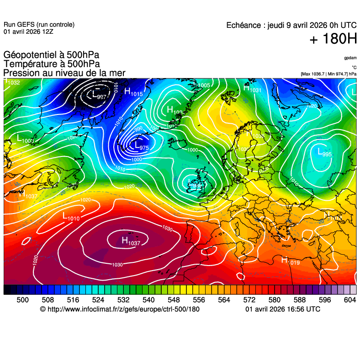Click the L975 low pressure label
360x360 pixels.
tap(139, 146)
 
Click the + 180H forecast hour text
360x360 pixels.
tap(333, 39)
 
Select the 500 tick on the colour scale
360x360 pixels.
tap(22, 300)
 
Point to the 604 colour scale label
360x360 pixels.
tap(349, 300)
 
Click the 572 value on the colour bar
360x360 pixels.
tap(249, 300)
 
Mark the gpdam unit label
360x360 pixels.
tap(350, 58)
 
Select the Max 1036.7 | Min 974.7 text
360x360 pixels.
tap(328, 73)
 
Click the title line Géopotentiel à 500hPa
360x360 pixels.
tap(51, 55)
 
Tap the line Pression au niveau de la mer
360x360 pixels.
tap(64, 73)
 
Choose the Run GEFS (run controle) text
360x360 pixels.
tap(39, 25)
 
